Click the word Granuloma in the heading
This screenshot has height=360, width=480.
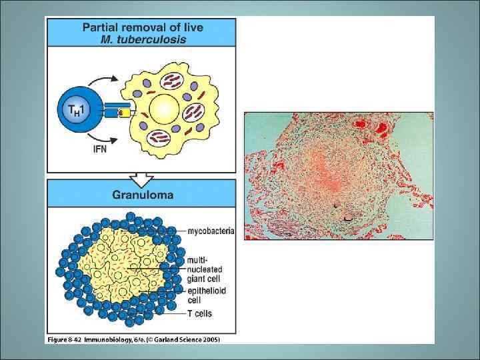point(143,195)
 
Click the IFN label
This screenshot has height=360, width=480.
point(100,149)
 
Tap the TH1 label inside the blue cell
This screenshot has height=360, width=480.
point(73,109)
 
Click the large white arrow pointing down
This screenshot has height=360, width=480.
point(141,178)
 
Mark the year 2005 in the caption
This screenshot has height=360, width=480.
point(209,339)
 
